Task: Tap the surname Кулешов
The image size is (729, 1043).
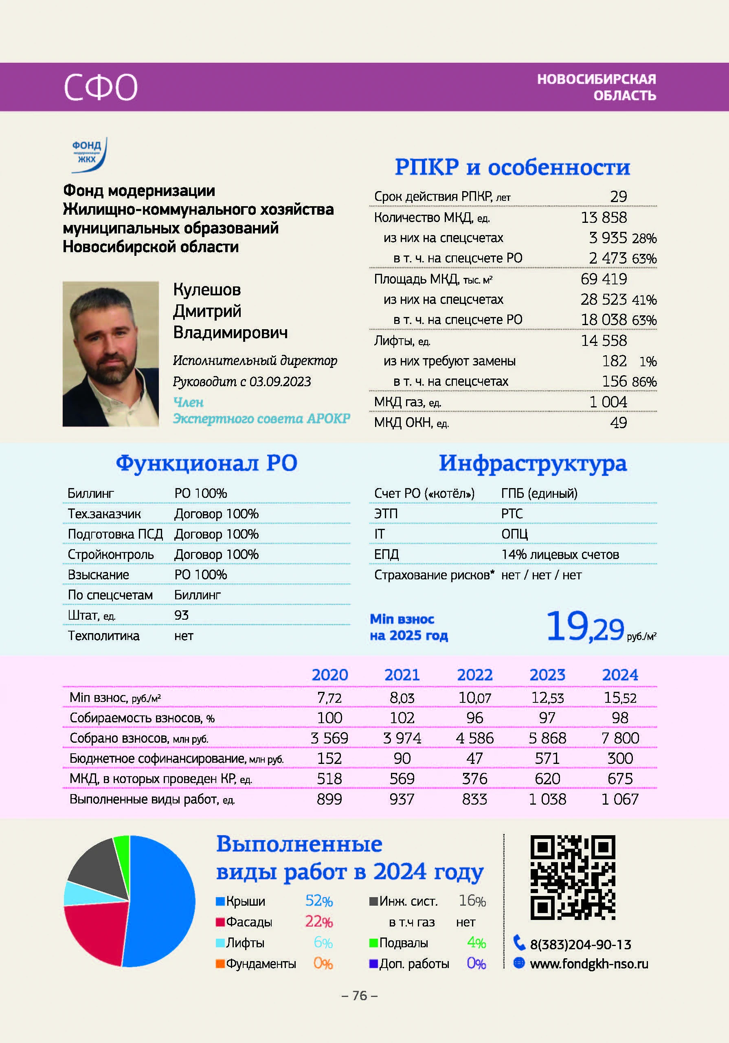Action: pos(206,289)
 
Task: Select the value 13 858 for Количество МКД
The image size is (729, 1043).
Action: pos(604,218)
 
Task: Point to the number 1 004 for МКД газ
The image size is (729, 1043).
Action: pos(608,402)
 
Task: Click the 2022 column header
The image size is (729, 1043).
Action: pos(474,675)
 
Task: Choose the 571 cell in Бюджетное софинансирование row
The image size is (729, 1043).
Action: pos(547,759)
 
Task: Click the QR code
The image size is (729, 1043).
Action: pos(572,878)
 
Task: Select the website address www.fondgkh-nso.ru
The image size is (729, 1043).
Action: pos(588,964)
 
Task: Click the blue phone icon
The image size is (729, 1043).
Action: pos(519,943)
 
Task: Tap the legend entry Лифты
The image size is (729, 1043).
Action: pos(245,943)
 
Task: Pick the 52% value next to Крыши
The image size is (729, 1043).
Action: pos(319,900)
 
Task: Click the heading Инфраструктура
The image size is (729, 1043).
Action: pos(532,463)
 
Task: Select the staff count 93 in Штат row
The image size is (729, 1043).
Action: pos(181,615)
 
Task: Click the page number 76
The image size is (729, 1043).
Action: pos(359,995)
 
